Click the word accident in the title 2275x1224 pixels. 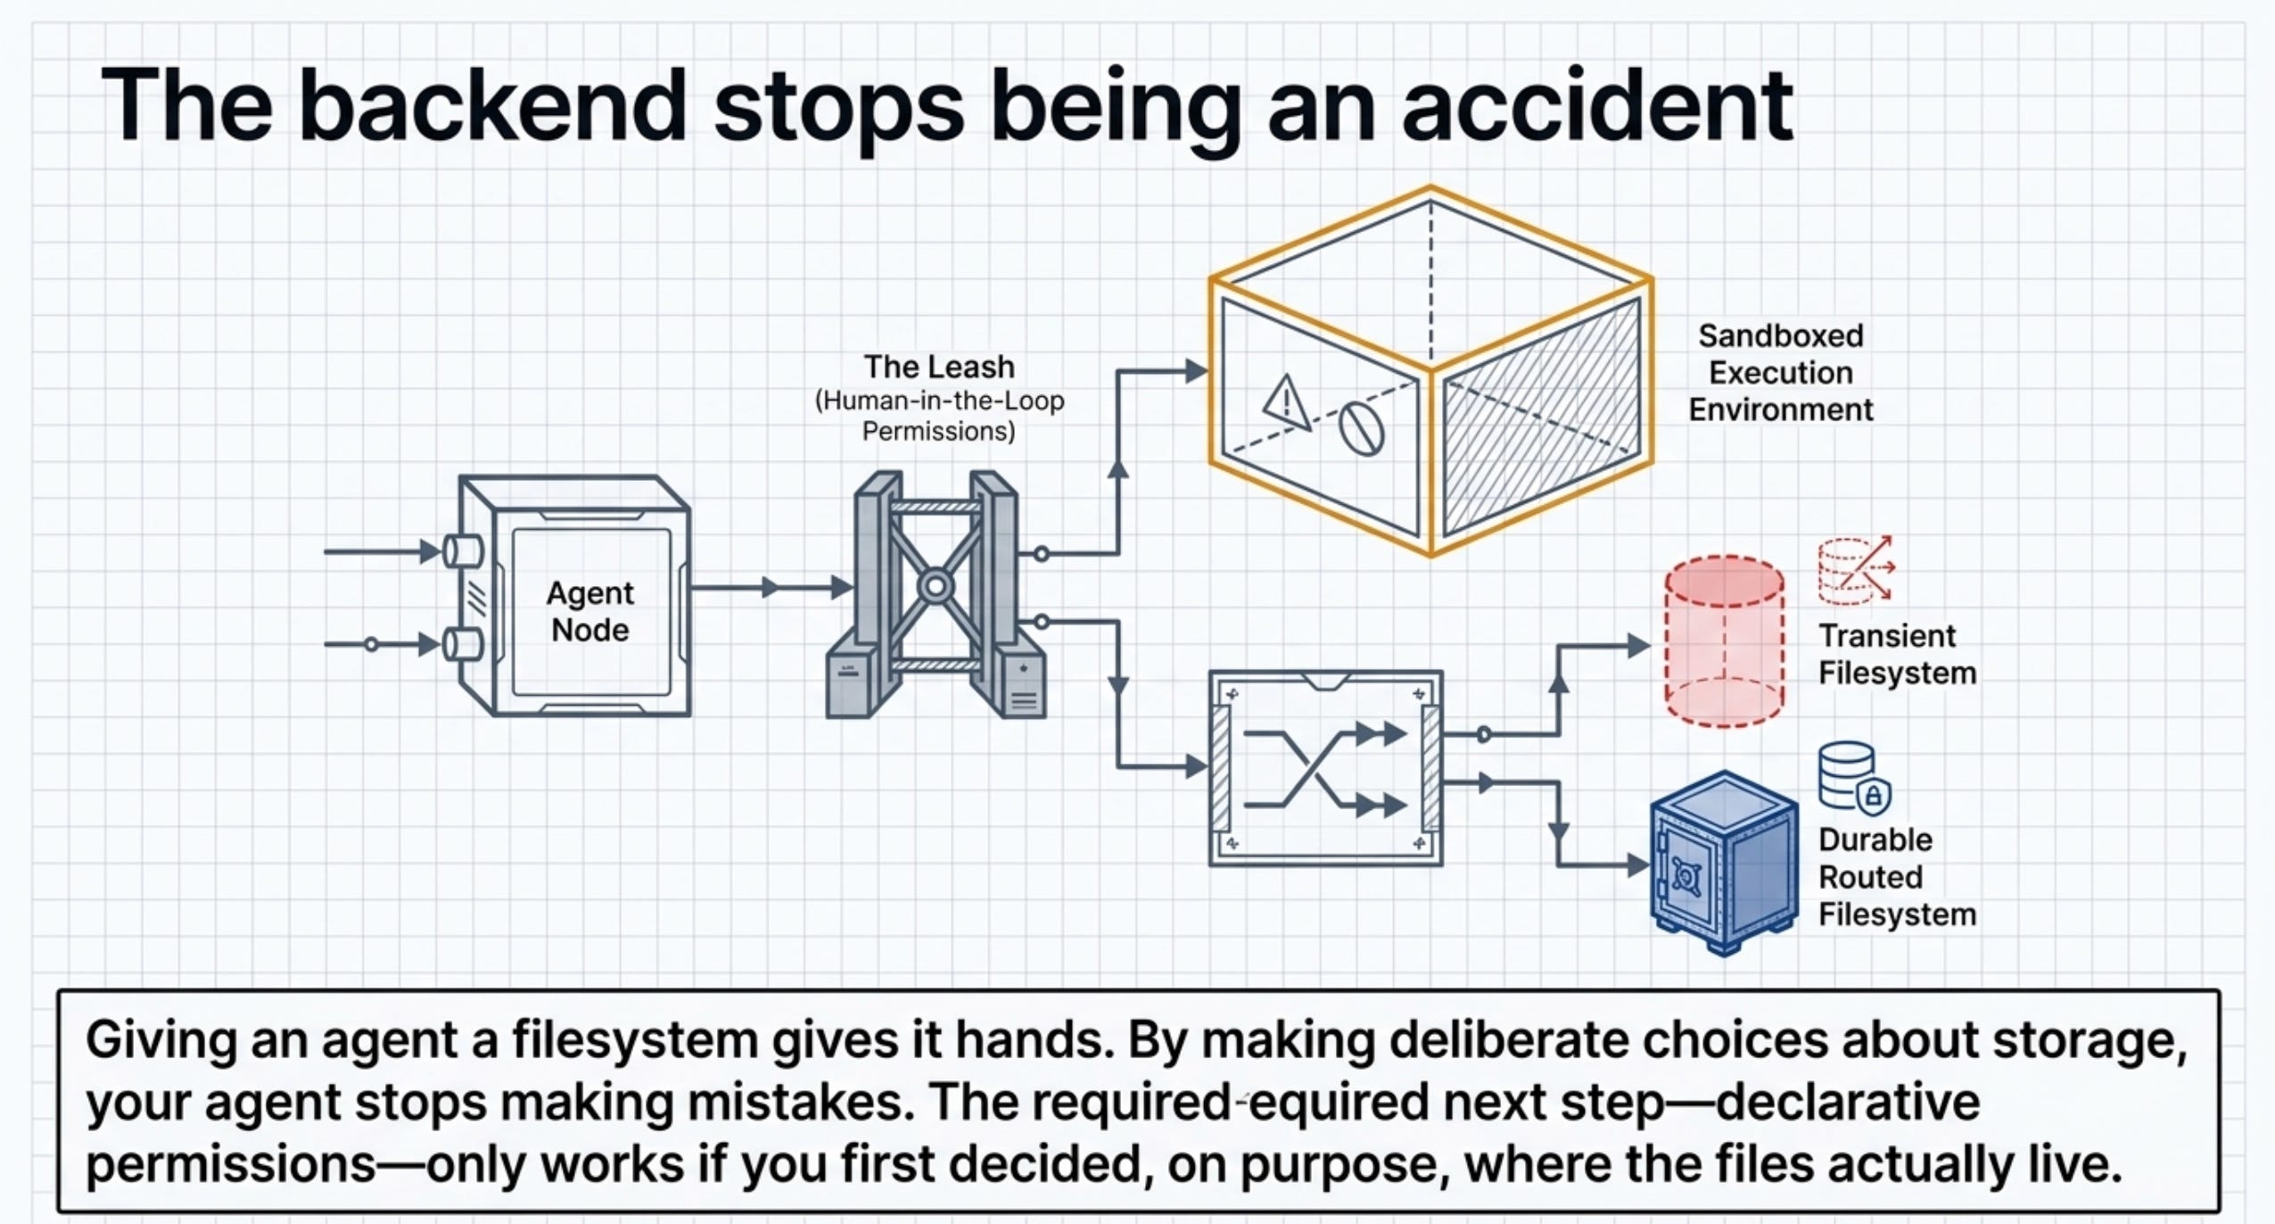(1596, 105)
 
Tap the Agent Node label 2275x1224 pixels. (589, 611)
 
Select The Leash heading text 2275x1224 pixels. (939, 367)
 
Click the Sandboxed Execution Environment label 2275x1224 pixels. (1780, 373)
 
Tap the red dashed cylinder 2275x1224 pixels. (1724, 641)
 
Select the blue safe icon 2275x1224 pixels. (1723, 862)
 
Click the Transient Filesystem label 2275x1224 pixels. (1897, 654)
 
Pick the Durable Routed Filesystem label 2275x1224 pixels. (1897, 877)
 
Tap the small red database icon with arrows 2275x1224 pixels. (1856, 569)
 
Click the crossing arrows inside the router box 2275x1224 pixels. (1324, 769)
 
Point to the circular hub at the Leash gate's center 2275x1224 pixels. (936, 587)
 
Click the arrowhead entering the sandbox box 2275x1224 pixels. (1195, 371)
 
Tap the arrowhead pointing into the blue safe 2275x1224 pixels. (1638, 864)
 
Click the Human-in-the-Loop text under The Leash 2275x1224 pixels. (939, 401)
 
